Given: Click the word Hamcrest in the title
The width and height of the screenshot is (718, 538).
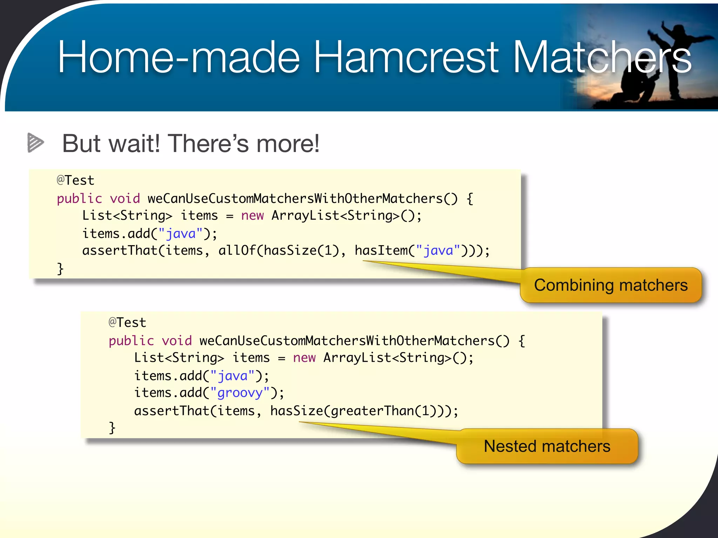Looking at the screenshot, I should click(405, 57).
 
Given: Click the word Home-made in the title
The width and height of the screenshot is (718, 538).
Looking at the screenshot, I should click(178, 57).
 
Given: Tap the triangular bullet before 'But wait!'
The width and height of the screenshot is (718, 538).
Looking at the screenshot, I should click(35, 143).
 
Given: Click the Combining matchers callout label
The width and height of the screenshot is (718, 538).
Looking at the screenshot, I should click(611, 285).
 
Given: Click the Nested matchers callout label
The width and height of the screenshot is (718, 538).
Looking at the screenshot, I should click(547, 446).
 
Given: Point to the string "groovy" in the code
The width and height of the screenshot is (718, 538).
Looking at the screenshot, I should click(240, 393).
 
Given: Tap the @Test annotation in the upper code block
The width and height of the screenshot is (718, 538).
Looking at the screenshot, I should click(75, 180).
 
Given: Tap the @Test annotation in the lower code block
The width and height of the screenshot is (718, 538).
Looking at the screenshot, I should click(127, 323).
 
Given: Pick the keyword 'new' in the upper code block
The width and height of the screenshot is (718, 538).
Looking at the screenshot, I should click(252, 215).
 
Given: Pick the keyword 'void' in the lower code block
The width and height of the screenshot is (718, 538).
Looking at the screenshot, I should click(177, 340).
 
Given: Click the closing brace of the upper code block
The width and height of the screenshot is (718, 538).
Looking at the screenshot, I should click(60, 269).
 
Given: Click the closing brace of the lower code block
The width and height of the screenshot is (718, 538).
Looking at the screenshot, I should click(112, 428).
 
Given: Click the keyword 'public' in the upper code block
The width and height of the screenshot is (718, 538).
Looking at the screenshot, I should click(79, 199).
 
